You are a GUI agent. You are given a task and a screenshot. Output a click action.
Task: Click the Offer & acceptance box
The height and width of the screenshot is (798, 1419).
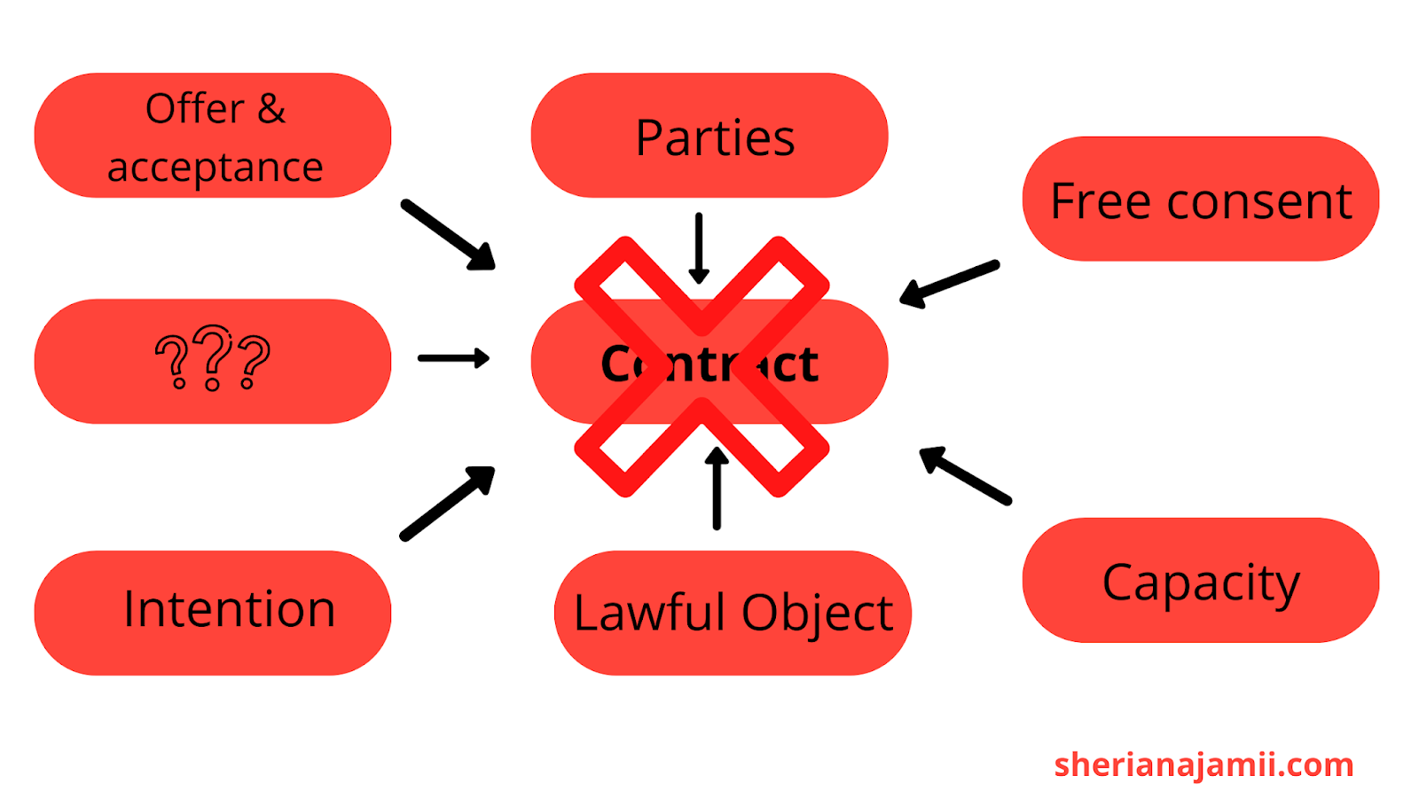pyautogui.click(x=213, y=136)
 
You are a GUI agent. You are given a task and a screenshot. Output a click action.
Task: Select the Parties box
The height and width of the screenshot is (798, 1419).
pyautogui.click(x=709, y=136)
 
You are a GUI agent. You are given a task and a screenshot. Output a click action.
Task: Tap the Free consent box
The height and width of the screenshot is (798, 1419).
pyautogui.click(x=1201, y=199)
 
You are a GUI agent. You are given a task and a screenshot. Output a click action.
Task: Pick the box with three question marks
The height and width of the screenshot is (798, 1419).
pyautogui.click(x=213, y=361)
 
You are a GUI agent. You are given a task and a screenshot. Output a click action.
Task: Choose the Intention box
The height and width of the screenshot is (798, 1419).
pyautogui.click(x=213, y=613)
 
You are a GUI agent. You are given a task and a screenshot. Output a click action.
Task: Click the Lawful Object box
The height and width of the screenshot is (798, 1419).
pyautogui.click(x=733, y=613)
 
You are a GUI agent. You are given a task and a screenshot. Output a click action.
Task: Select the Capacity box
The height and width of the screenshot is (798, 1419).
pyautogui.click(x=1201, y=581)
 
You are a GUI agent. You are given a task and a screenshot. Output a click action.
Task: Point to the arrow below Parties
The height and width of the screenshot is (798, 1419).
pyautogui.click(x=699, y=248)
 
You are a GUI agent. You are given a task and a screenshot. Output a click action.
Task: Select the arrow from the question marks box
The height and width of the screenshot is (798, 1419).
pyautogui.click(x=453, y=358)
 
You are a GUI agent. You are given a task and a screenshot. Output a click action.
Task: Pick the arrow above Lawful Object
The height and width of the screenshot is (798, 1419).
pyautogui.click(x=717, y=488)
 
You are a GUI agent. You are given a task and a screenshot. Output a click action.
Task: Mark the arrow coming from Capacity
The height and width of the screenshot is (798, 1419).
pyautogui.click(x=965, y=476)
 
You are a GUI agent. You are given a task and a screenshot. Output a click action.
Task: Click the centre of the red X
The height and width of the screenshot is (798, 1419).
pyautogui.click(x=702, y=366)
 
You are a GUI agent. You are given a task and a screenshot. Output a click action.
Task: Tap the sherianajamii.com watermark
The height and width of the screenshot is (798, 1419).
pyautogui.click(x=1203, y=764)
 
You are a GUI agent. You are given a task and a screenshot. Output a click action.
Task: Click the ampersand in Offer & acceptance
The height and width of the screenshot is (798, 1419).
pyautogui.click(x=271, y=109)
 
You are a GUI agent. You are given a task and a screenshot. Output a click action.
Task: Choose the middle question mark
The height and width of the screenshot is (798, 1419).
pyautogui.click(x=213, y=357)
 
